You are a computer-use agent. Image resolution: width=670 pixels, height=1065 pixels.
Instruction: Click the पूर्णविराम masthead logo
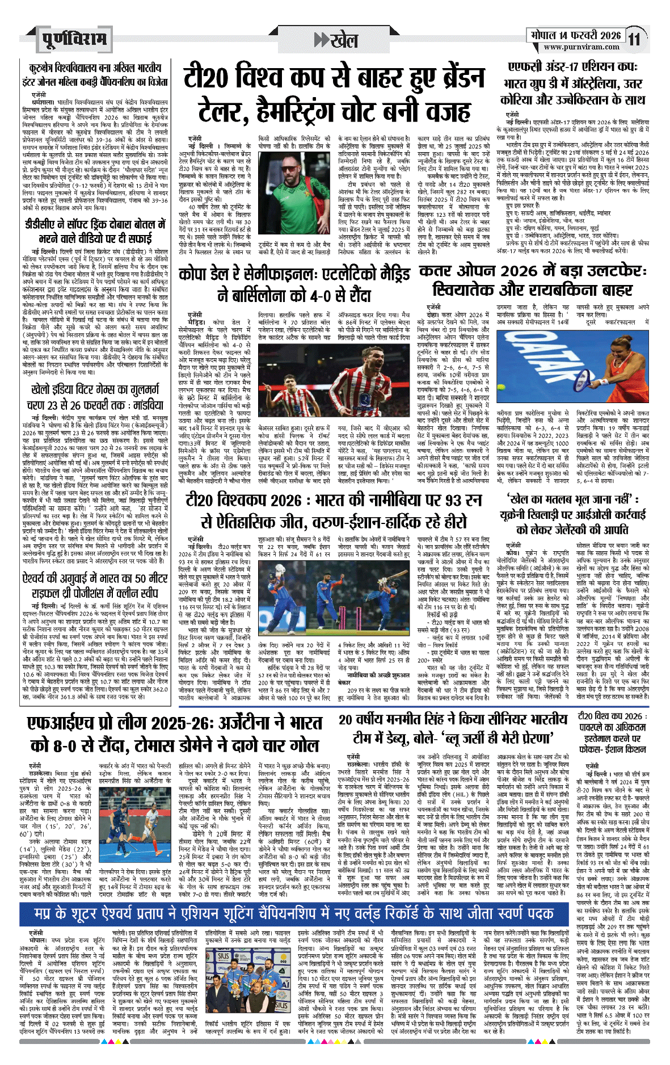[x=73, y=39]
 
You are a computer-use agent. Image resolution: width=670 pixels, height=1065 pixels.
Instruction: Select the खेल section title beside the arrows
[x=344, y=40]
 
